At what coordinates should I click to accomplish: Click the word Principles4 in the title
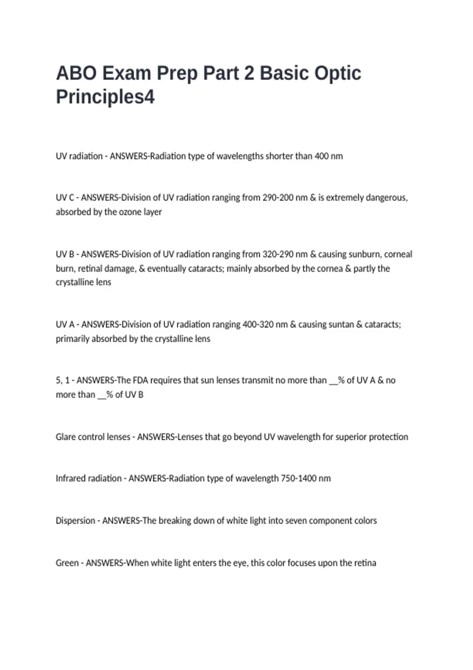tap(105, 97)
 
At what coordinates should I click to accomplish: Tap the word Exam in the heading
tap(127, 73)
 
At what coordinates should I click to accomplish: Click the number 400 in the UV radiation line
tap(322, 156)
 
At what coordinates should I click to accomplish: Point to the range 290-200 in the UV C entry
tap(278, 197)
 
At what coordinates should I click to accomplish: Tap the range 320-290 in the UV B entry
tap(278, 254)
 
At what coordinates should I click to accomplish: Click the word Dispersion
tap(75, 521)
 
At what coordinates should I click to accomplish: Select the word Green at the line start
tap(67, 563)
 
